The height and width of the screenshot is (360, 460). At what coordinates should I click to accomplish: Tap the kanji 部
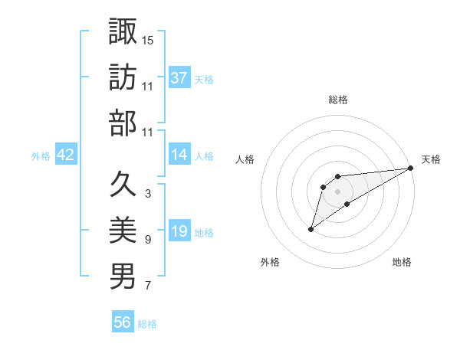click(123, 123)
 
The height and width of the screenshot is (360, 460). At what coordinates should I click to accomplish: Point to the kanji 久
click(123, 184)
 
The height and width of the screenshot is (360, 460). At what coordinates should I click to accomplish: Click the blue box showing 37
click(179, 77)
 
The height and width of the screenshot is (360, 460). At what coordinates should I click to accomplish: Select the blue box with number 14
click(179, 155)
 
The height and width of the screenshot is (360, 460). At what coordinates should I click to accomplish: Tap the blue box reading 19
click(179, 231)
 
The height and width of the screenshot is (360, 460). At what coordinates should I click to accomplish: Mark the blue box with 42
click(66, 155)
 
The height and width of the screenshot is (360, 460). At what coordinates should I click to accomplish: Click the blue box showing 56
click(123, 322)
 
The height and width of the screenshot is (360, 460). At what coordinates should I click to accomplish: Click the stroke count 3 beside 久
click(147, 194)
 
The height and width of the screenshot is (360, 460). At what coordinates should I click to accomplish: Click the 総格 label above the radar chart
click(337, 100)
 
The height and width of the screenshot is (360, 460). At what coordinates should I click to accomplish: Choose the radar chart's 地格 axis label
click(402, 262)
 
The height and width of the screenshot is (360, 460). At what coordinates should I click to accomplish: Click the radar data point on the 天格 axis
click(411, 169)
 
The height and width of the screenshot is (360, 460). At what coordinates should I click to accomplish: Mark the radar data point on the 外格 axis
click(311, 229)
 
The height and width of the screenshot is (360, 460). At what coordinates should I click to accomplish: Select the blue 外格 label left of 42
click(41, 155)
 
